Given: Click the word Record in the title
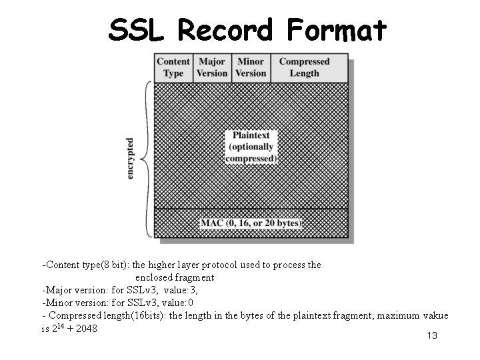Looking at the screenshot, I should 226,29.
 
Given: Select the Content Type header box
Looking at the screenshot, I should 173,67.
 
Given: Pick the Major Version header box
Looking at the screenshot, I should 212,67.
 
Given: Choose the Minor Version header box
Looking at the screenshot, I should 251,67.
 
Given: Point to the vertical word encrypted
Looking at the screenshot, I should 130,158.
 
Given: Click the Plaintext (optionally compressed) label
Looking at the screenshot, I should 251,147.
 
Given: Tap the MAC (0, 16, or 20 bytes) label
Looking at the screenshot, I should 251,223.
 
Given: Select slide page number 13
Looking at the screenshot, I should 431,335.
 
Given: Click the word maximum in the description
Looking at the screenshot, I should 395,315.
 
